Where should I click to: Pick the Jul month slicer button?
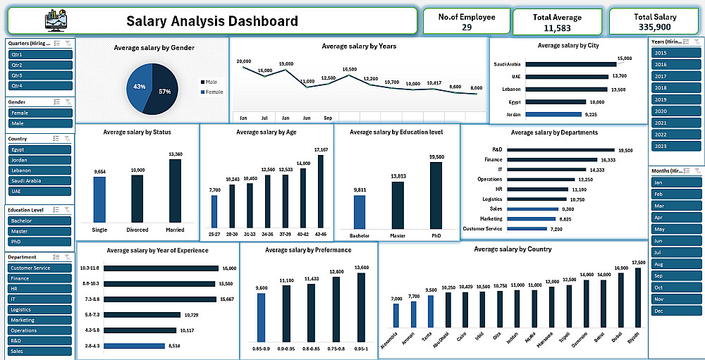(676, 252)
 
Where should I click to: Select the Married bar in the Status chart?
(176, 191)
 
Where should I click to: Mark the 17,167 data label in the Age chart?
(321, 150)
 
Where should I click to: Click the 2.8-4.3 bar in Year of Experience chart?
(133, 346)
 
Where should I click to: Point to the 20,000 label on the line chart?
(244, 62)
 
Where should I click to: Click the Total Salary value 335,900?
(655, 27)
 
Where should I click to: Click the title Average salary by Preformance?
(308, 250)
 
